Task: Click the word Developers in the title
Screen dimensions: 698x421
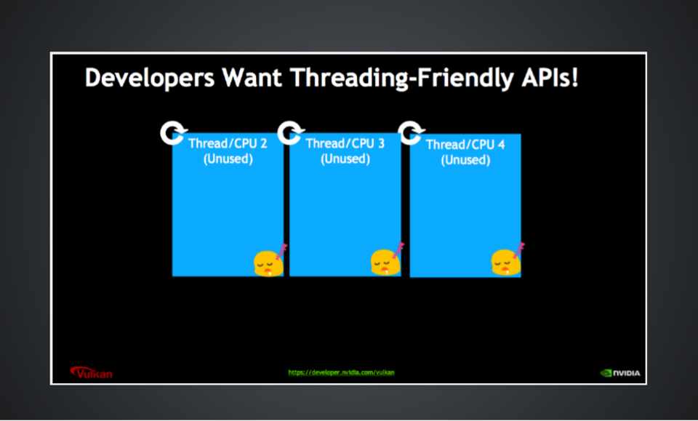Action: pos(150,79)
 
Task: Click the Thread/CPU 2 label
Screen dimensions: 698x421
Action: pos(228,143)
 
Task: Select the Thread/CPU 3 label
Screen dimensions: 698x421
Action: pos(345,143)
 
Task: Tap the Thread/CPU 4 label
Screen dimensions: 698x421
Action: pos(465,144)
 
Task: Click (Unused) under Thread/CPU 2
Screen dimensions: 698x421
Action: pos(228,159)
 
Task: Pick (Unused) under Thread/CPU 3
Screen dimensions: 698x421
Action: pos(345,159)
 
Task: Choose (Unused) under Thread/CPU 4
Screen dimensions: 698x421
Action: pos(465,160)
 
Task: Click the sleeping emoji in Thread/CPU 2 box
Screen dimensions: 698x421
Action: pos(270,261)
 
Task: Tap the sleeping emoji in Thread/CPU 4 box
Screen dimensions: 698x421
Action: pos(508,261)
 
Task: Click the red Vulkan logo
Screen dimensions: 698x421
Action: pos(92,372)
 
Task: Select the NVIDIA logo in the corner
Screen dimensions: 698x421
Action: pos(620,373)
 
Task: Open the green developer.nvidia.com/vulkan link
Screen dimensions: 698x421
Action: pos(342,372)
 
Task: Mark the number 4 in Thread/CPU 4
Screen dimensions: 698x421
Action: pos(501,144)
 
